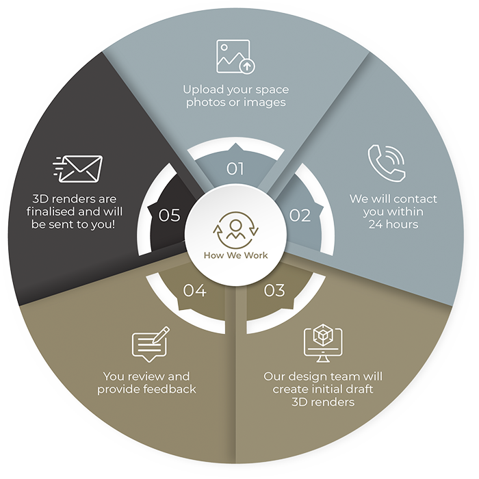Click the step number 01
[x=235, y=168]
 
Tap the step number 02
[x=300, y=215]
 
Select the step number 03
[x=274, y=291]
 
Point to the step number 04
[x=194, y=291]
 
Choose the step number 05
[x=169, y=215]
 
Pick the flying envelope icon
[x=77, y=168]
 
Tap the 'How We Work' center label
[x=235, y=256]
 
